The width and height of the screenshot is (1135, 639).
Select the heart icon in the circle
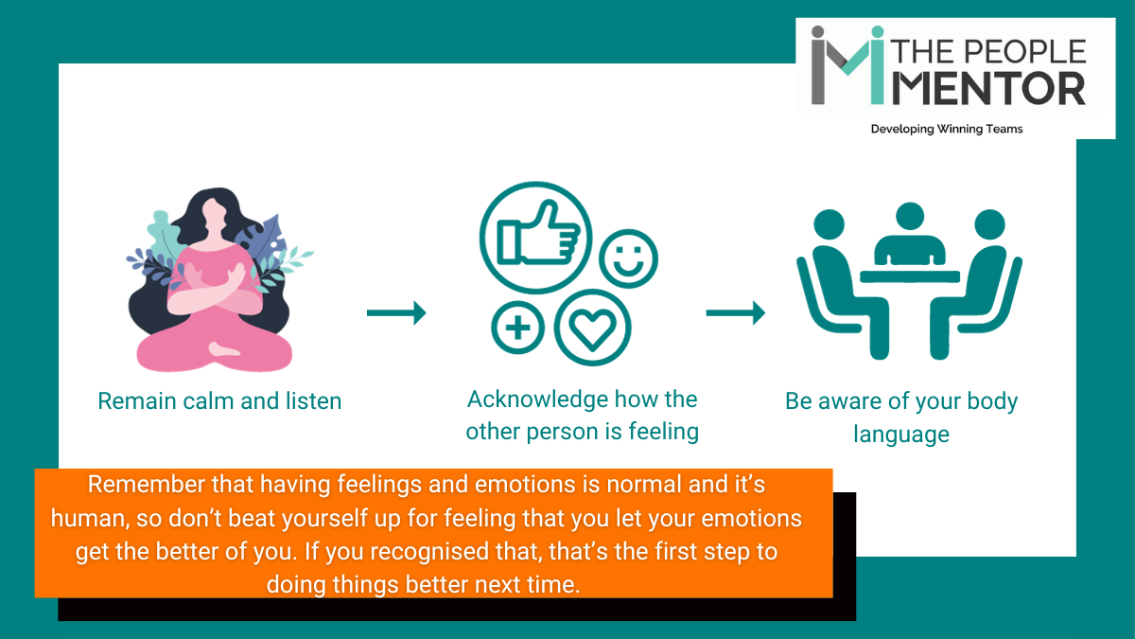(x=592, y=328)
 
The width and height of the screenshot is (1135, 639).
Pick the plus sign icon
(x=517, y=328)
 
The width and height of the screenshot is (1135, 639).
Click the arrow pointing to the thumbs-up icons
(x=395, y=313)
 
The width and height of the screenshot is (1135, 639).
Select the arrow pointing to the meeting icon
(x=735, y=313)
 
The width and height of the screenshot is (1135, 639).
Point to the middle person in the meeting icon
(x=909, y=237)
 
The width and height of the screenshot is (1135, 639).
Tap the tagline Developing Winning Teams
(x=946, y=129)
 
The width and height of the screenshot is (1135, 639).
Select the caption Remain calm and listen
(x=219, y=400)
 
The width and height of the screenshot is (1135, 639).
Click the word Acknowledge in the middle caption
(x=538, y=399)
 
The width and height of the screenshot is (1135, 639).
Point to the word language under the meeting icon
(x=900, y=435)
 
